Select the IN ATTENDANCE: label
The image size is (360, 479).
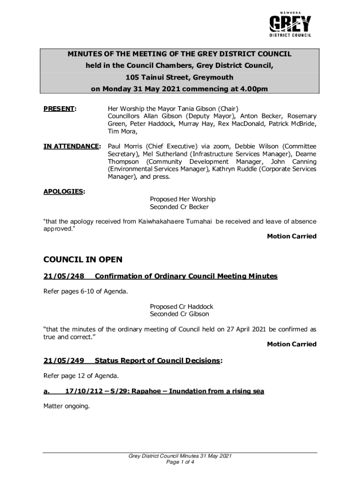[72, 146]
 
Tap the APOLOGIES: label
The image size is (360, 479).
[64, 191]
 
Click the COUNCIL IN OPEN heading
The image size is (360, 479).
[82, 260]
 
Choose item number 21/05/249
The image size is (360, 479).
[64, 360]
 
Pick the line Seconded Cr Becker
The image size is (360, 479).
[179, 207]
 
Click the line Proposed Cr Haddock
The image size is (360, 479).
[181, 306]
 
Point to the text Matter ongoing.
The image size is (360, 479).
[66, 406]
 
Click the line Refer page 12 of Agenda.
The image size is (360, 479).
[81, 376]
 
